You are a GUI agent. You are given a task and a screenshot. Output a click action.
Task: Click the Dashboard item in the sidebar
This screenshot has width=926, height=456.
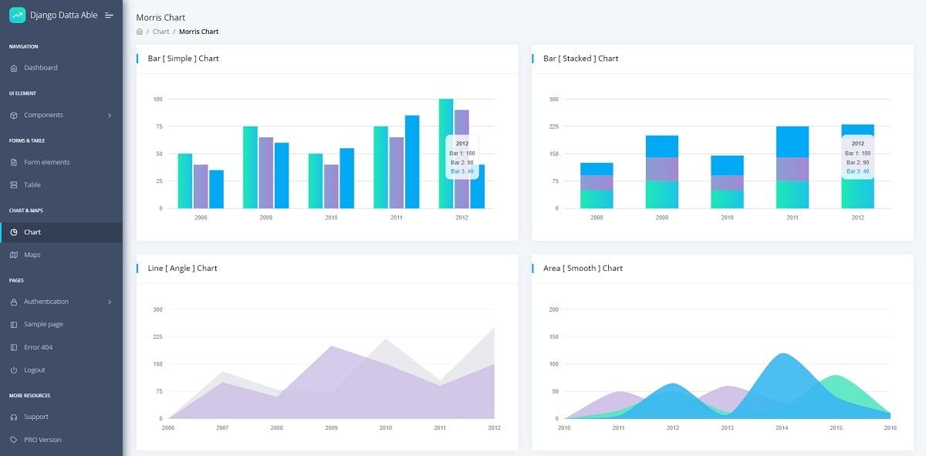coord(40,68)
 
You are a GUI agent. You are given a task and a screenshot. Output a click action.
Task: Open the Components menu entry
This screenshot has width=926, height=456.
coord(43,115)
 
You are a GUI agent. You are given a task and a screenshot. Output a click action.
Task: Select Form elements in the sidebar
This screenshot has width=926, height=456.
coord(46,162)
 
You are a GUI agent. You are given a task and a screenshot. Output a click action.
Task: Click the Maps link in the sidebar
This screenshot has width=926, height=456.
coord(32,255)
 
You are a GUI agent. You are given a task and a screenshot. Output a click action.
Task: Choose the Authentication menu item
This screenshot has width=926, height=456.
coord(46,302)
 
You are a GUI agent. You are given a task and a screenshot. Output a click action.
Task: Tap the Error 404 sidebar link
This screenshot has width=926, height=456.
coord(38,347)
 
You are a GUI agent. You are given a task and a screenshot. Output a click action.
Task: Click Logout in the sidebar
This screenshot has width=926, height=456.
coord(34,370)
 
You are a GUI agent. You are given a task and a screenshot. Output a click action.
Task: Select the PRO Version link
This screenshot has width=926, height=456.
coord(42,440)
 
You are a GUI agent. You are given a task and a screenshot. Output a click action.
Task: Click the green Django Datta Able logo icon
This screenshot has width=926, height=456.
coord(17,15)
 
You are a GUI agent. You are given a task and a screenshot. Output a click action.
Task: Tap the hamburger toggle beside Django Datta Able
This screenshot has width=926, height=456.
coord(109,15)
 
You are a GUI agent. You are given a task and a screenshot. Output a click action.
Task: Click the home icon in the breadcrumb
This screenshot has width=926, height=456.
coord(140,32)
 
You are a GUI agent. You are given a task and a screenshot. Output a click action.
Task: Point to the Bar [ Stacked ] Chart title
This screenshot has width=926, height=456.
coord(580,59)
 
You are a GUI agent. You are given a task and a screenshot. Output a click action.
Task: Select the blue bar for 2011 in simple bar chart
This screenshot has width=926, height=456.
coord(412,162)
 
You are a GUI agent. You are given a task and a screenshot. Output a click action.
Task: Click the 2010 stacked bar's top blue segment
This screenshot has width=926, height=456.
coord(727,165)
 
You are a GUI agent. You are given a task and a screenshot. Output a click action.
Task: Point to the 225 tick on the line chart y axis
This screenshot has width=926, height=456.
coord(157,336)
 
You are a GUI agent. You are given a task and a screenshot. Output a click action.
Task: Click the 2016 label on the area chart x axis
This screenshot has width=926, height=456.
coord(890,427)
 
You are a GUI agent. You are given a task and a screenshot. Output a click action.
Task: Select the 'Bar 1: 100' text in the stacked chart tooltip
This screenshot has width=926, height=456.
coord(857,154)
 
